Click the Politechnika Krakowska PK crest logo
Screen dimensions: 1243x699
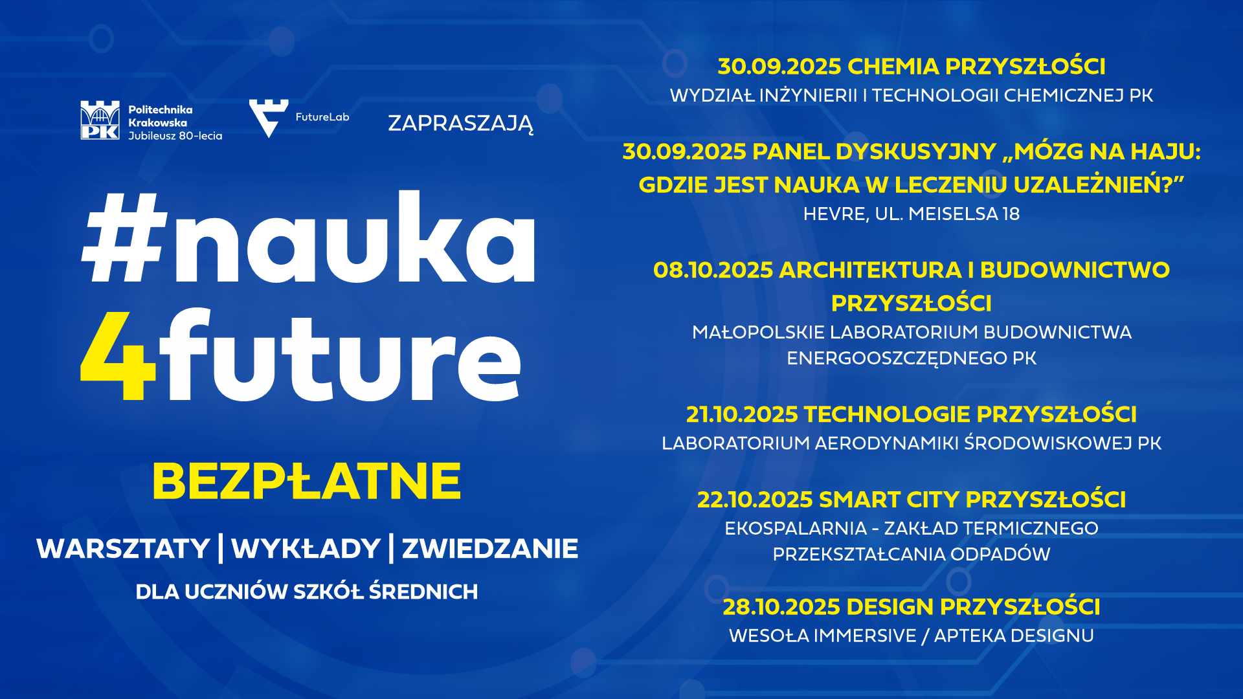[x=100, y=120]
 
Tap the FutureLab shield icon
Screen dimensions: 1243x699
[x=268, y=118]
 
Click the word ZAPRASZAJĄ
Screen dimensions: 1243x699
[x=461, y=124]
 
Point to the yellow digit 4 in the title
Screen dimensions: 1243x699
[x=118, y=356]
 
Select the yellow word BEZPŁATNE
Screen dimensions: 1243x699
[x=306, y=482]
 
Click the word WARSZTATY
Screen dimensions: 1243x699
[x=123, y=549]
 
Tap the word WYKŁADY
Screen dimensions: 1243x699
[x=306, y=549]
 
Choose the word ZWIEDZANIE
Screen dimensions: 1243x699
[x=490, y=549]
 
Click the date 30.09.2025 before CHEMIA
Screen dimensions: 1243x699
[x=779, y=67]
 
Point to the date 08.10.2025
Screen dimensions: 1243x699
[x=713, y=270]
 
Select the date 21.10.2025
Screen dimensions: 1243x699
[x=742, y=414]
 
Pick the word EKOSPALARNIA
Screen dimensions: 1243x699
[x=796, y=529]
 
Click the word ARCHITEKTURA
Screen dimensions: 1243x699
[x=871, y=270]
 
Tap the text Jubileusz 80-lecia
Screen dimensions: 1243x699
[x=175, y=136]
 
